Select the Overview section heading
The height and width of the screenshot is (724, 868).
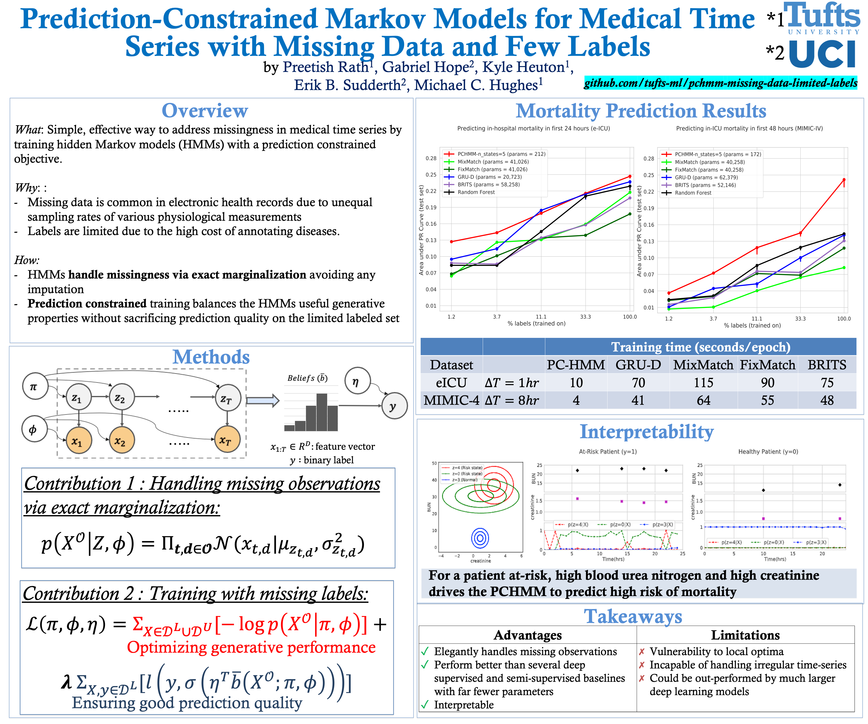click(205, 111)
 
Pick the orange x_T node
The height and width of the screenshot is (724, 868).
click(227, 440)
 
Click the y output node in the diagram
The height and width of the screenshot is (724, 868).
click(394, 406)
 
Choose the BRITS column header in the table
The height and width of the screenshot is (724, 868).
click(827, 365)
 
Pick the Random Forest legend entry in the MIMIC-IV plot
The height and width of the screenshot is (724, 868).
click(693, 193)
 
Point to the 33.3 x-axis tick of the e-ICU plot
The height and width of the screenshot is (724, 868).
click(585, 317)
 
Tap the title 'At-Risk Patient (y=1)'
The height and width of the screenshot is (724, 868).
click(608, 452)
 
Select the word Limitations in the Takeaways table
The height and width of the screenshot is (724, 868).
click(745, 635)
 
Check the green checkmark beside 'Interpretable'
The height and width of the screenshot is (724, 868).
click(425, 705)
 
